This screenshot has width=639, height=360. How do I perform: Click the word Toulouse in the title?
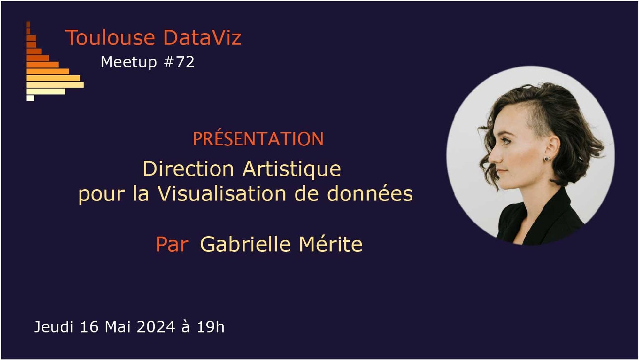coord(110,37)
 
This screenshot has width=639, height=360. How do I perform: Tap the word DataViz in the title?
coord(202,37)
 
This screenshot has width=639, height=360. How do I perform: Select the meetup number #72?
coord(179,62)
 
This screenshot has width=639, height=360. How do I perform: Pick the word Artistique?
coord(292,169)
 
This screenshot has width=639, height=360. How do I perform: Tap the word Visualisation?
coord(222,194)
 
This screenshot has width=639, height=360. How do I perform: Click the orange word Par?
coord(172,245)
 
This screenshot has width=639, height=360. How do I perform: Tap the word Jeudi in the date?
coord(54,327)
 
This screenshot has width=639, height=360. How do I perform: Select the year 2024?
coord(156,327)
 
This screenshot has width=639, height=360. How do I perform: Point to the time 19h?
coord(211,327)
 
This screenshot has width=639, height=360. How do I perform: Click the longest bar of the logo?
coord(55,85)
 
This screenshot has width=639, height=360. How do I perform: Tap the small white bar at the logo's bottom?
coord(30,98)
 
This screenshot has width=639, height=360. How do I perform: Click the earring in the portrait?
coord(547,159)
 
